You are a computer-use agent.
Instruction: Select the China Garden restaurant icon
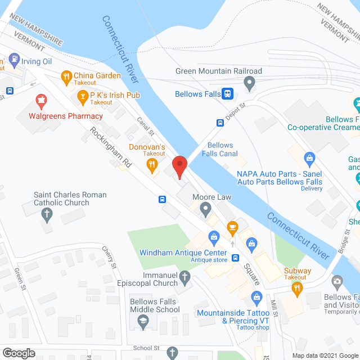[x=66, y=76]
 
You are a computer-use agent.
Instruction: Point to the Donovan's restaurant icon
[x=151, y=165]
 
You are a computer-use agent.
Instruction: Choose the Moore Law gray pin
[x=206, y=210]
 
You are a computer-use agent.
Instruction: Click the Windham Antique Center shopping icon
[x=213, y=236]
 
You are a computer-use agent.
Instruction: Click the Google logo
[x=19, y=353]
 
